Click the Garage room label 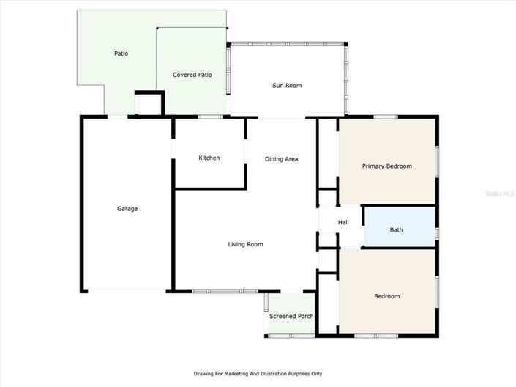127,209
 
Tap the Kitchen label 209,158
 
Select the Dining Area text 281,159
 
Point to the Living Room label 245,245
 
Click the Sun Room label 287,86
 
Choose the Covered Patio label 192,75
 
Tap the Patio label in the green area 121,54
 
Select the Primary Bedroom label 387,166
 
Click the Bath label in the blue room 396,230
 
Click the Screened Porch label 291,317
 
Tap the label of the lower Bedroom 387,296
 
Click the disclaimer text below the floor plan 258,374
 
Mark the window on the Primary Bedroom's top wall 386,117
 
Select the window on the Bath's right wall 437,233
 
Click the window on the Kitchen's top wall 210,117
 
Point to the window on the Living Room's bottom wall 215,292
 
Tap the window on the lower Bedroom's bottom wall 376,336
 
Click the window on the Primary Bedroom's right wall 437,161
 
